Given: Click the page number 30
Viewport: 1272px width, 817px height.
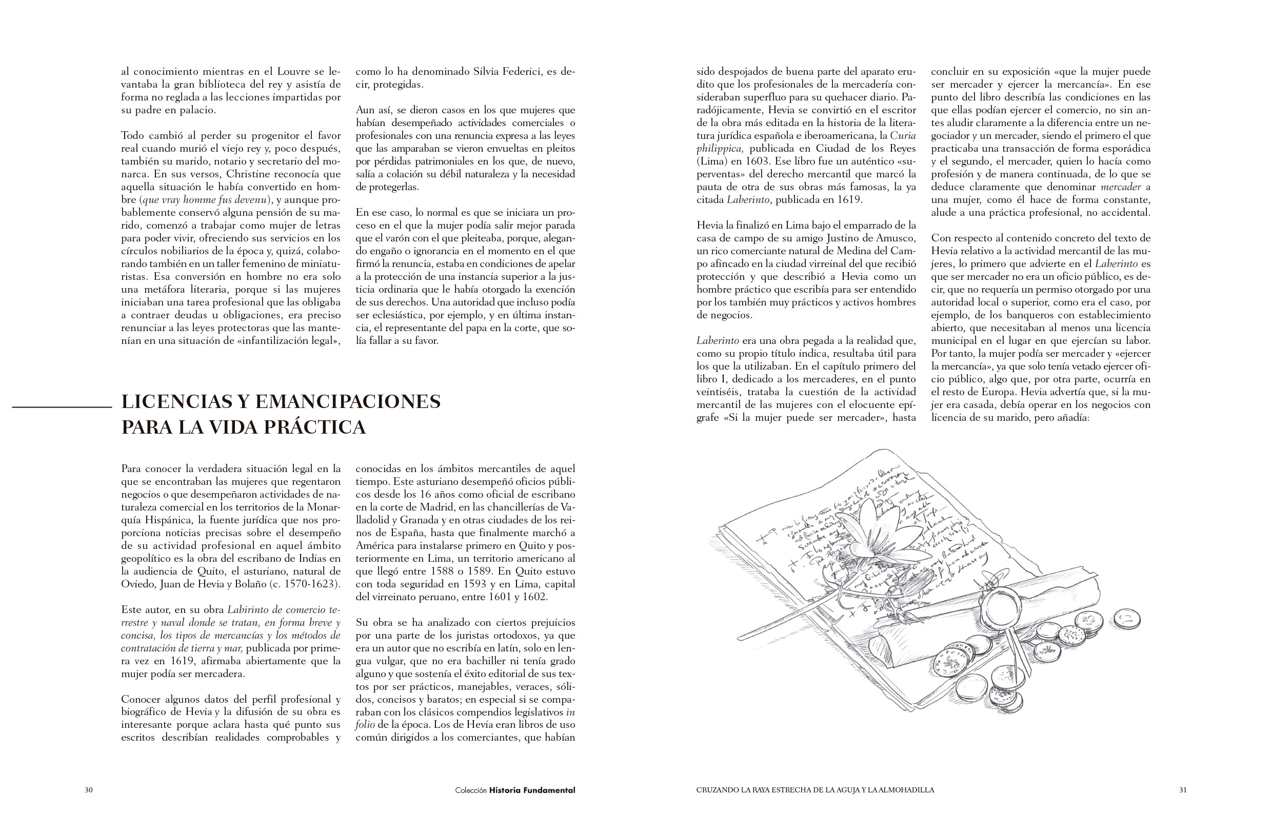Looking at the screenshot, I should coord(89,790).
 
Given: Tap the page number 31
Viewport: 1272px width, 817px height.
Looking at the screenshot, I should coord(1183,790).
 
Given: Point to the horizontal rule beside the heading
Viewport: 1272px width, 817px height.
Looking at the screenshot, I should coord(62,407).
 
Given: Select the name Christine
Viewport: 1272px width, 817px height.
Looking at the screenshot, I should coord(249,174).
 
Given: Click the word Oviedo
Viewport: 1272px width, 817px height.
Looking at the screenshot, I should coord(138,584).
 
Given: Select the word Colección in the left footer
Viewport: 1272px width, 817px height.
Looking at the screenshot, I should coord(471,790).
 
